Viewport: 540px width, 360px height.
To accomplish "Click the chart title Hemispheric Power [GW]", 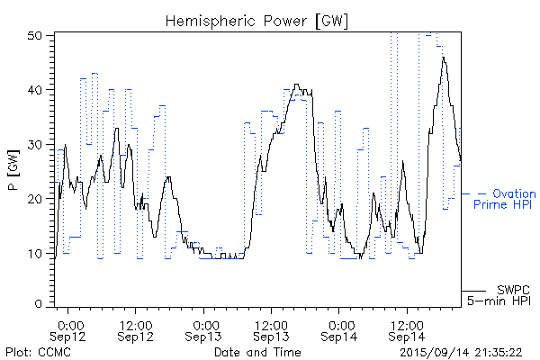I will click(x=256, y=20).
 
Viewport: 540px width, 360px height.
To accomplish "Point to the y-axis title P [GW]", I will click(x=13, y=171).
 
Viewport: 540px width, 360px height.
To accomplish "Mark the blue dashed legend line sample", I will click(x=473, y=193).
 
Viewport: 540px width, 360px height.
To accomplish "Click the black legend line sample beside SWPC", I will click(x=473, y=289).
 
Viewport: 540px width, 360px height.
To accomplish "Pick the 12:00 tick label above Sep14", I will click(x=407, y=324).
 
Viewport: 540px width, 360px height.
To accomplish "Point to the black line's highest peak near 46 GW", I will click(x=443, y=58).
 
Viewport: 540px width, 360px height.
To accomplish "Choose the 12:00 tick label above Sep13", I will click(x=272, y=324).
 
